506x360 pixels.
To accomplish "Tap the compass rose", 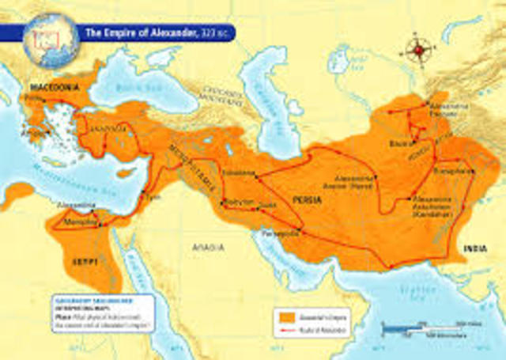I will coord(418,51).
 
